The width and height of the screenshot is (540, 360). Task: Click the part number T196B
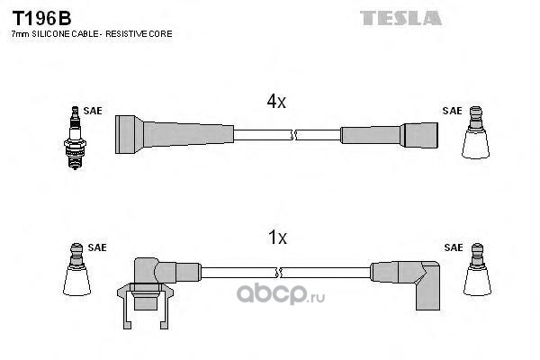(x=41, y=16)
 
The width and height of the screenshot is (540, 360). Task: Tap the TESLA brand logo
(x=400, y=18)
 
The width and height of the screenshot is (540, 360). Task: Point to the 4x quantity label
(x=275, y=102)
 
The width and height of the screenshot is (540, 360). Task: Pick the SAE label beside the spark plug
(x=93, y=112)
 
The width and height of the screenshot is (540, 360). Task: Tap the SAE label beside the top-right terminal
(x=451, y=112)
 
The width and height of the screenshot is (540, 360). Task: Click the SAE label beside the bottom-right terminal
(x=453, y=247)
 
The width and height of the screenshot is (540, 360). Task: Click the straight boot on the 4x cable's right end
(x=389, y=135)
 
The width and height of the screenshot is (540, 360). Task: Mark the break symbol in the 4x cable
(x=293, y=135)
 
